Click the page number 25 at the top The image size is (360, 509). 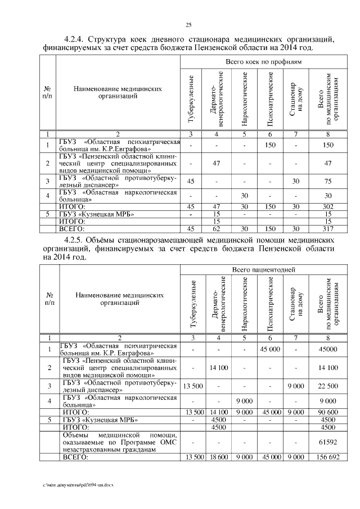189,24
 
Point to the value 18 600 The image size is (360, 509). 218,458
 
